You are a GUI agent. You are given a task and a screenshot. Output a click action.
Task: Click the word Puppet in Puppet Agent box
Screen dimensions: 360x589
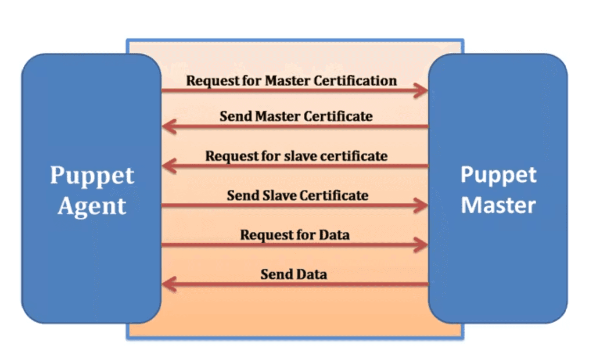coord(92,176)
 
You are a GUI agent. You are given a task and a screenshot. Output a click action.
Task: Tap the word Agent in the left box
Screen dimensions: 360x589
coord(92,206)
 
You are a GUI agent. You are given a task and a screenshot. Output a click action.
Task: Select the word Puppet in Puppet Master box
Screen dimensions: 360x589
coord(498,175)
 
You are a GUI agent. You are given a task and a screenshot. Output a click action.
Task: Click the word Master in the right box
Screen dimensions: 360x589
coord(498,205)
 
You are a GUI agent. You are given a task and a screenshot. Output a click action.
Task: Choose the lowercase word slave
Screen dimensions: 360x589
coord(295,156)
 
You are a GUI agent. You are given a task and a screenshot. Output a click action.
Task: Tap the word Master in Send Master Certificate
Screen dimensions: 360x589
coord(278,116)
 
